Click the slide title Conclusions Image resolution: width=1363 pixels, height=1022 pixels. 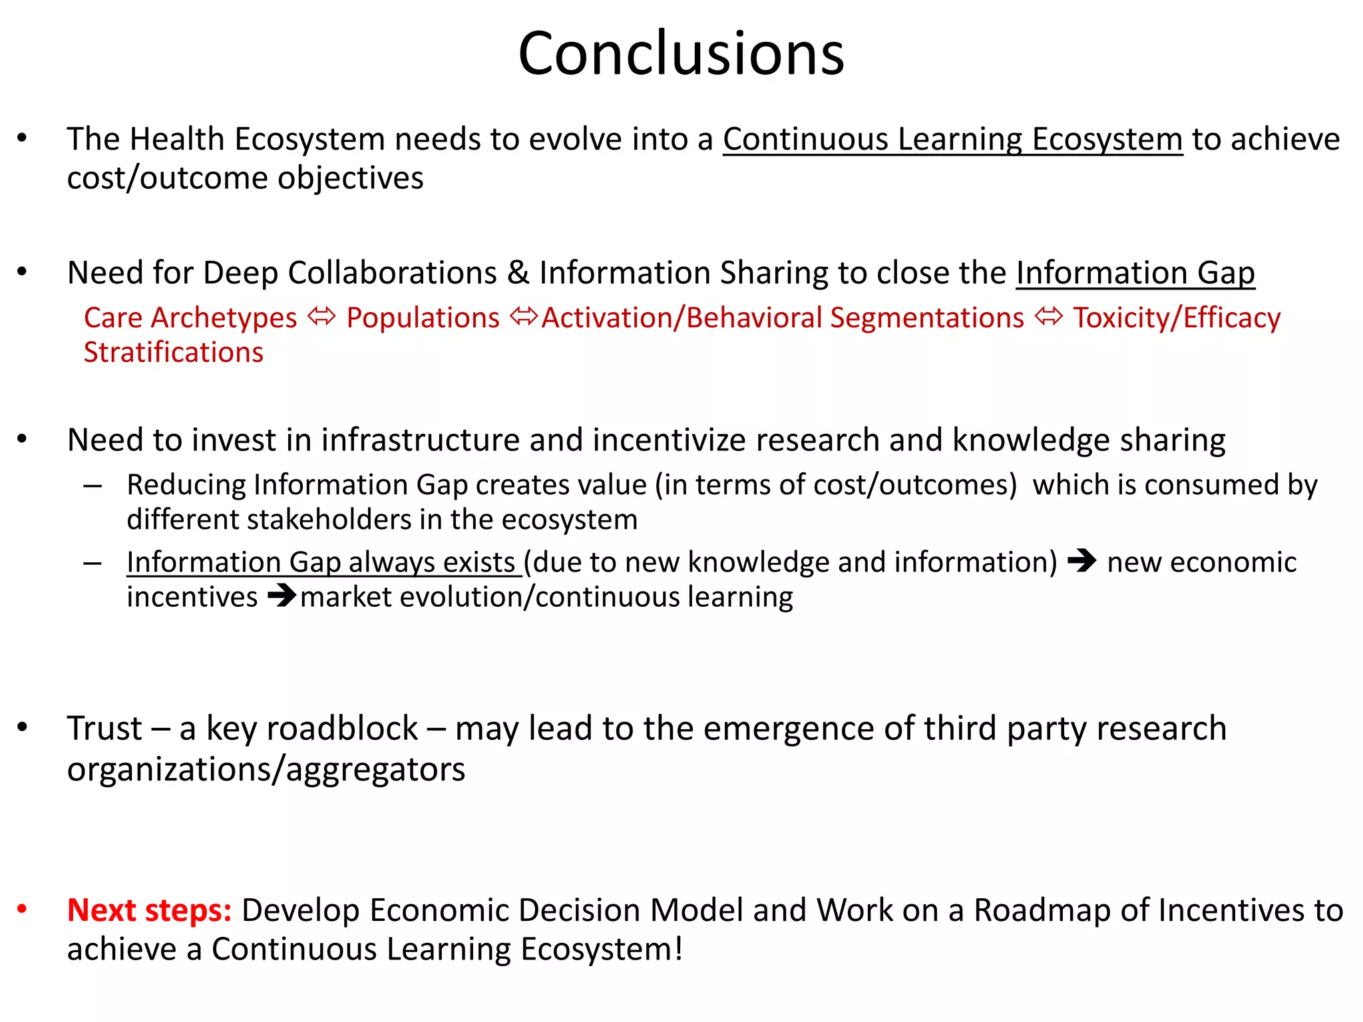tap(681, 53)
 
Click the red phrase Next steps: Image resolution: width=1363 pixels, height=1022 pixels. tap(149, 910)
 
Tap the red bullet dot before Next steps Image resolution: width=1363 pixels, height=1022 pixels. tap(22, 908)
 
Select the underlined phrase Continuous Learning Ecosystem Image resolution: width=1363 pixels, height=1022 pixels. tap(952, 140)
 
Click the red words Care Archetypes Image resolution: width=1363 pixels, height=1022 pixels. tap(190, 318)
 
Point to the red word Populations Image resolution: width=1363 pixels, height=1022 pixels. tap(423, 318)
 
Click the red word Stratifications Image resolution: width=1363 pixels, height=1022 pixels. tap(174, 353)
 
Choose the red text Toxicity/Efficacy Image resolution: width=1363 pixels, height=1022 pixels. tap(1176, 318)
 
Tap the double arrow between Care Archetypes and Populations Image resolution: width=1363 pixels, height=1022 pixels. tap(322, 317)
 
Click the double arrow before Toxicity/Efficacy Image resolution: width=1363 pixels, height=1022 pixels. tap(1049, 317)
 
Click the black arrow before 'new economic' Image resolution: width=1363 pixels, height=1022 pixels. tap(1081, 561)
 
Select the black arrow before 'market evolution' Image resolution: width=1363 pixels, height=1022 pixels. tap(282, 596)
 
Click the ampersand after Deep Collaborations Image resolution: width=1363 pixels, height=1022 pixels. tap(518, 273)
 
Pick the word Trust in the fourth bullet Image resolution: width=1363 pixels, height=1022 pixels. tap(104, 728)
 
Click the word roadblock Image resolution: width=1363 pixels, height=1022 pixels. tap(312, 728)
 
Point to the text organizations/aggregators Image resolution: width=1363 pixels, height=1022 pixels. tap(266, 769)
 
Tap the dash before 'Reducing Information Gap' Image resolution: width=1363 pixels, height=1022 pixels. tap(93, 486)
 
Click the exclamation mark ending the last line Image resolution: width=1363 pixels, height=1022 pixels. tap(678, 948)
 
